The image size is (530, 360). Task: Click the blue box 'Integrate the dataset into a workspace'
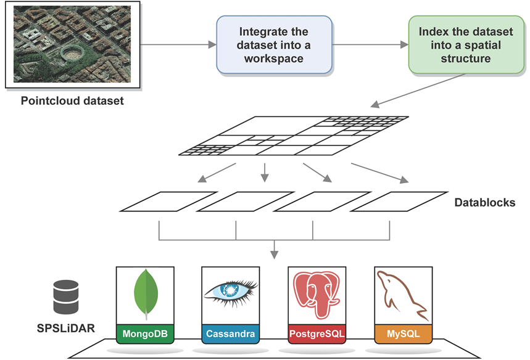click(x=274, y=45)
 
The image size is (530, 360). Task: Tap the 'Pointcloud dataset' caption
click(x=72, y=100)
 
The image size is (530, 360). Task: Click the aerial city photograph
click(x=72, y=44)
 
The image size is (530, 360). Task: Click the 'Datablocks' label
click(x=484, y=202)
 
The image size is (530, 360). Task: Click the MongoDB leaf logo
click(x=145, y=296)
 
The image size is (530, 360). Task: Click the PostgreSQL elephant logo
click(x=317, y=296)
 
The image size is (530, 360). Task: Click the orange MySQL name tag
click(x=403, y=334)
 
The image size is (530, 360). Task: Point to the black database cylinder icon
click(x=66, y=297)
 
